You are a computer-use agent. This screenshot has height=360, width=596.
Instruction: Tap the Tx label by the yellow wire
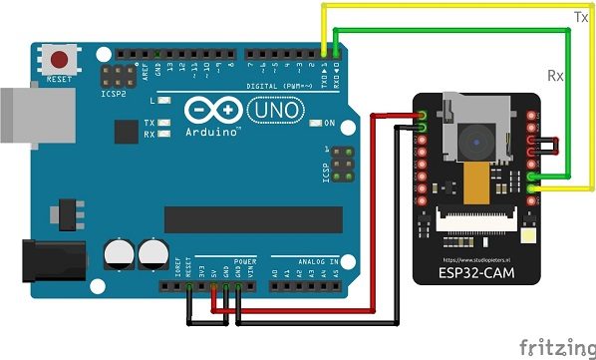click(x=579, y=17)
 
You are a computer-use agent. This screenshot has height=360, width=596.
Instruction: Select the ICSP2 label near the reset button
click(x=116, y=96)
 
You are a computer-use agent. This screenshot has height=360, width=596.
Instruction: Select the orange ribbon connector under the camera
click(x=480, y=181)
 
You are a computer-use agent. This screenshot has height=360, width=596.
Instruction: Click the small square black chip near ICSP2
click(x=127, y=131)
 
